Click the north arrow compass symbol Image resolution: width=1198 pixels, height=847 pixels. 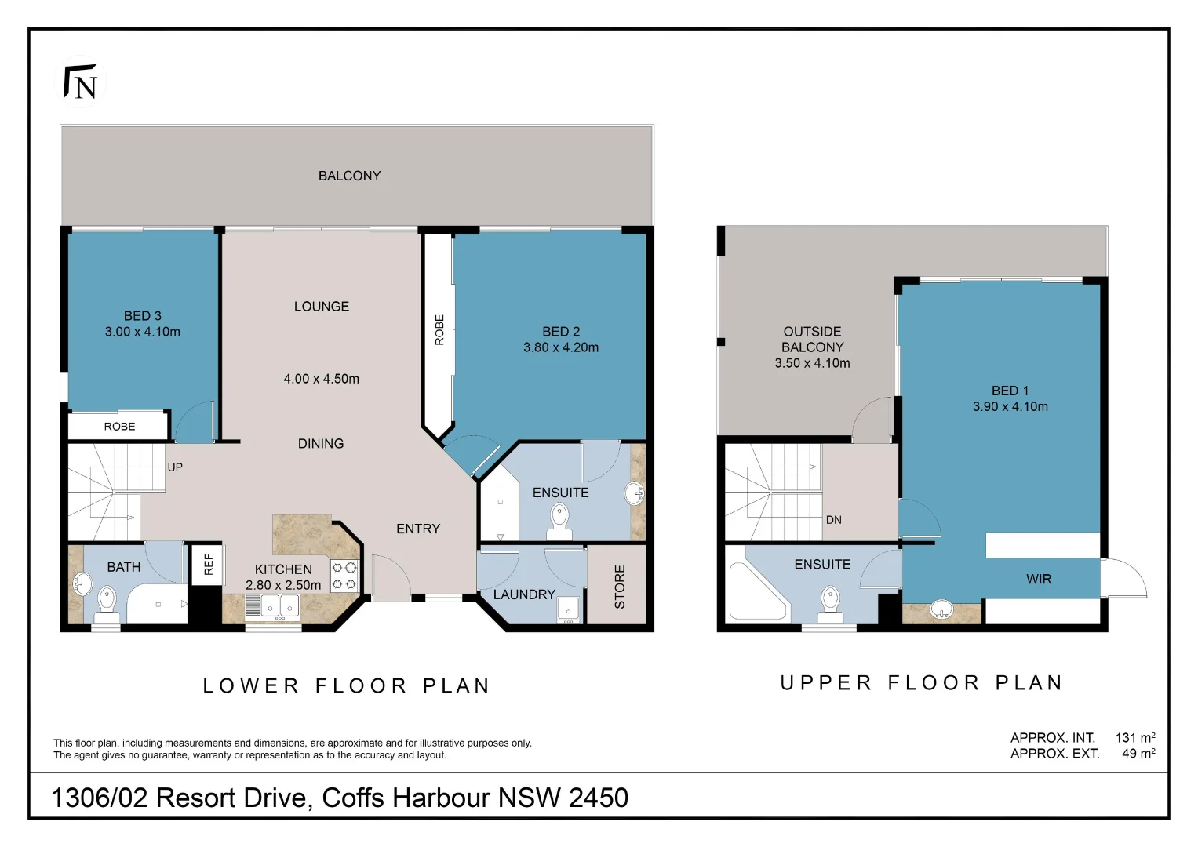click(82, 82)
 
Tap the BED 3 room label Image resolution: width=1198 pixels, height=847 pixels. click(142, 315)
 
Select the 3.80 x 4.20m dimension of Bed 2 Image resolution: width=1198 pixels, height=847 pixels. click(560, 347)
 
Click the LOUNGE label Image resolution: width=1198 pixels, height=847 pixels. click(321, 307)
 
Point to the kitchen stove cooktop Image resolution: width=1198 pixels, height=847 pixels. click(344, 575)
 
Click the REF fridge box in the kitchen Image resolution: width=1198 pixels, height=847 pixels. click(208, 564)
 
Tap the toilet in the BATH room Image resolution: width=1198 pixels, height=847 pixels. click(106, 603)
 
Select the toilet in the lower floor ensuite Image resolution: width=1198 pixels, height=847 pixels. click(559, 519)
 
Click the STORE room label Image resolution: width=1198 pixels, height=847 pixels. click(620, 587)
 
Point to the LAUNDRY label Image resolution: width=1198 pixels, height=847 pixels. click(524, 594)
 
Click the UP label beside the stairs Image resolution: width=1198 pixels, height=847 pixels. click(175, 467)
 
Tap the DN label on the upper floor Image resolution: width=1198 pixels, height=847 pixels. click(833, 520)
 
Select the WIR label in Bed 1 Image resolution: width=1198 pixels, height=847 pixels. click(1038, 579)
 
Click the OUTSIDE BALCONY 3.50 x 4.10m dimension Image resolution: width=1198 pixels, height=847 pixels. click(812, 363)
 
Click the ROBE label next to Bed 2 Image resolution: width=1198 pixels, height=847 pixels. click(439, 330)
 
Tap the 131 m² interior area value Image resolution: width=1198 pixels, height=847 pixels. click(1134, 737)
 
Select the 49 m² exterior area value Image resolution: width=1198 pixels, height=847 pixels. click(1138, 753)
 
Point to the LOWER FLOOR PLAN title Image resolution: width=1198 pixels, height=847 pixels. click(346, 686)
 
